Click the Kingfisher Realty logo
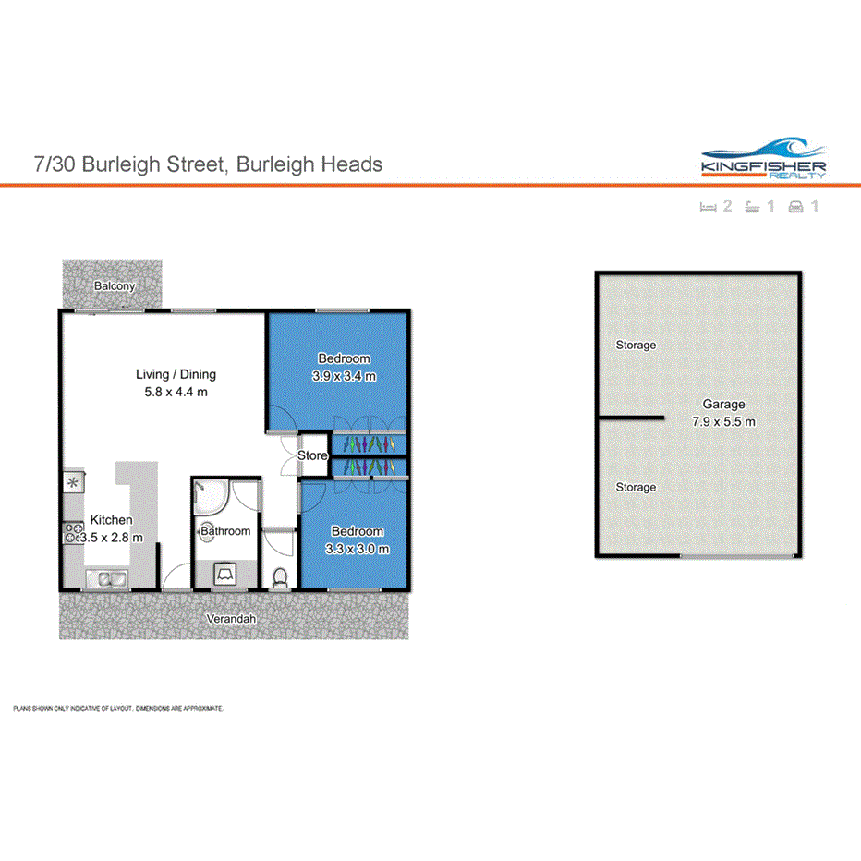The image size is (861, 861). click(x=763, y=158)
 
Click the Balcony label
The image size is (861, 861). click(x=115, y=286)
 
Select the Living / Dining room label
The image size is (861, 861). click(x=176, y=374)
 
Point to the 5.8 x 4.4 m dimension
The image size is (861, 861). click(x=176, y=392)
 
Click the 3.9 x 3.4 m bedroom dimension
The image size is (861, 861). click(x=344, y=376)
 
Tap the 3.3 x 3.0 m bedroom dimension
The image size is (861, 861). click(x=357, y=549)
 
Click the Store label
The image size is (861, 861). click(x=313, y=455)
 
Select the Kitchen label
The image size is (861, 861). click(x=110, y=520)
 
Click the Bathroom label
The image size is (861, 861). click(x=225, y=531)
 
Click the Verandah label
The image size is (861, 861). click(x=232, y=619)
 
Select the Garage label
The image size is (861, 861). click(x=722, y=405)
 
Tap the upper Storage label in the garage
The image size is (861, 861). click(x=636, y=346)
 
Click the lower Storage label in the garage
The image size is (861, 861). click(x=636, y=487)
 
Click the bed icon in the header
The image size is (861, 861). click(x=709, y=207)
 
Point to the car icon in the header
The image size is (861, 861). click(x=794, y=207)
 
